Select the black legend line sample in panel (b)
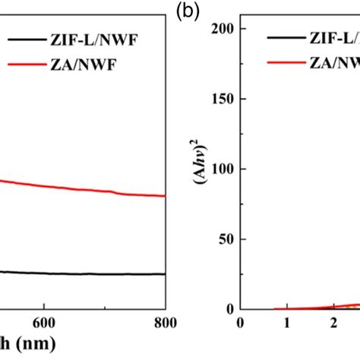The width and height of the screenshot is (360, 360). click(287, 36)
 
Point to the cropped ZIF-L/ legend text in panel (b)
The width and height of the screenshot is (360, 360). click(334, 36)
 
